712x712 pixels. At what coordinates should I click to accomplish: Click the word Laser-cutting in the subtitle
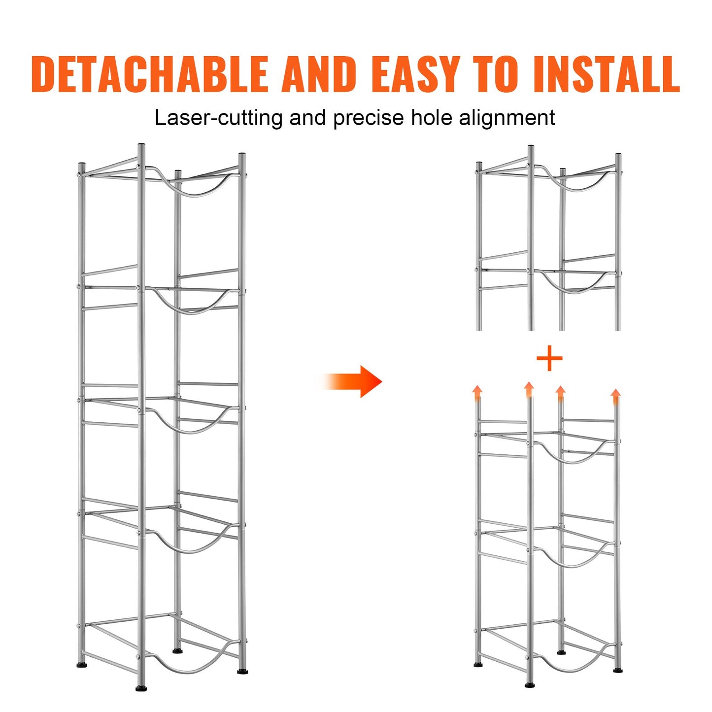[219, 118]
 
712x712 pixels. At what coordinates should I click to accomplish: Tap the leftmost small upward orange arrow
[477, 393]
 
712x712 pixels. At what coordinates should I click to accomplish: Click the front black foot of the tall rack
[141, 688]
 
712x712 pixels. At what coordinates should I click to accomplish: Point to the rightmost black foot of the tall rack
[242, 671]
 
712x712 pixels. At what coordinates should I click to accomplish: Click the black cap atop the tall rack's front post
[141, 146]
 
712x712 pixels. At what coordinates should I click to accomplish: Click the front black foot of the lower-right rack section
[530, 684]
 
